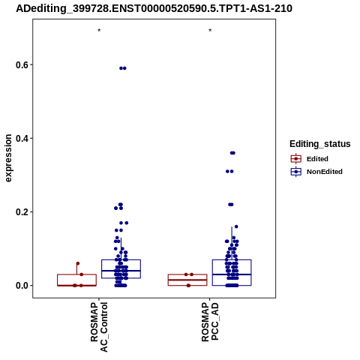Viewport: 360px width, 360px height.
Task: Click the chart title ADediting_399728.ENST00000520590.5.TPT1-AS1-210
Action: click(x=154, y=9)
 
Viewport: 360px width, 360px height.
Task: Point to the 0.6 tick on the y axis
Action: click(x=21, y=65)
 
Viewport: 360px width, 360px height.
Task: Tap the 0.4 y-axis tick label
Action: click(x=21, y=139)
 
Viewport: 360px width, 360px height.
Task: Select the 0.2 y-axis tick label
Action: click(x=21, y=212)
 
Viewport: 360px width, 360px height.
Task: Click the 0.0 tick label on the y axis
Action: click(x=21, y=286)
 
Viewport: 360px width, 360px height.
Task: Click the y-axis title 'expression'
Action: click(x=8, y=158)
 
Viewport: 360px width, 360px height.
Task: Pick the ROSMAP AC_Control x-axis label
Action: click(x=99, y=327)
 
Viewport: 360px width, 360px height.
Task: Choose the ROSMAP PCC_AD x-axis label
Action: click(x=210, y=322)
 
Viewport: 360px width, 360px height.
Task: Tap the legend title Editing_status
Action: click(x=319, y=144)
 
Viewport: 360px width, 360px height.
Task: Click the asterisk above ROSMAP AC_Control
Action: click(x=99, y=31)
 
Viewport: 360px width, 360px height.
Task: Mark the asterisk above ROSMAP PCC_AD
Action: click(x=210, y=31)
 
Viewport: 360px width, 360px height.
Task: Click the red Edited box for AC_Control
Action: click(x=76, y=274)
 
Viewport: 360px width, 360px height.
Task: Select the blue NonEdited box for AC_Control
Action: click(x=121, y=260)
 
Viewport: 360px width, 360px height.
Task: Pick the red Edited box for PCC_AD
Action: click(x=187, y=274)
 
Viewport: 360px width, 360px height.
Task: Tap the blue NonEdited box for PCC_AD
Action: click(x=232, y=260)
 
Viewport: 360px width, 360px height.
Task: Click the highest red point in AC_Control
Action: click(x=78, y=263)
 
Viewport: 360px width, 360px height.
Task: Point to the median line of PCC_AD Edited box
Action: click(x=187, y=280)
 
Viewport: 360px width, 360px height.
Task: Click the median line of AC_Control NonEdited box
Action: click(x=121, y=271)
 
